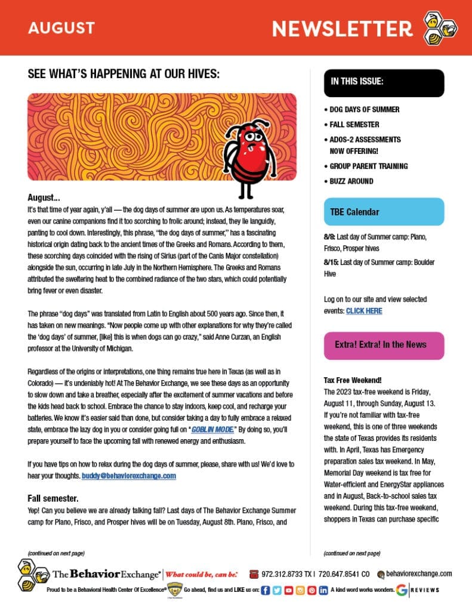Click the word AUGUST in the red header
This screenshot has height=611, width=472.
61,27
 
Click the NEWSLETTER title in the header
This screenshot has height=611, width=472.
342,28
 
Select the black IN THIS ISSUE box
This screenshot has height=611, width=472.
384,83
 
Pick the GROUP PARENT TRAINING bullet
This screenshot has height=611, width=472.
369,166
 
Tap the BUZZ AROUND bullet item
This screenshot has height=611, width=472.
351,181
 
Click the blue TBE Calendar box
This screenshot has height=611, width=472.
384,212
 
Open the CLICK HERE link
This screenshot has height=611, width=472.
364,311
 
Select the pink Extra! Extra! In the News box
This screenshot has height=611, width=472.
384,345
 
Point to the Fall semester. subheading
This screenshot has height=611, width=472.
53,498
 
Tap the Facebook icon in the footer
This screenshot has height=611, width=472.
266,590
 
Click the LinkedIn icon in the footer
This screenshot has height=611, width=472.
323,590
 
